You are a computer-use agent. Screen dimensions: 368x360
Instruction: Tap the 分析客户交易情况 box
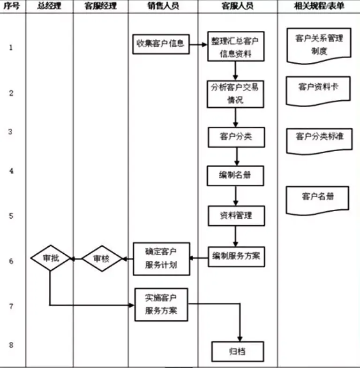236,94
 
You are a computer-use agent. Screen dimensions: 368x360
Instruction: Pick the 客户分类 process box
236,137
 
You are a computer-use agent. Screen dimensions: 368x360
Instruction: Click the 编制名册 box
236,176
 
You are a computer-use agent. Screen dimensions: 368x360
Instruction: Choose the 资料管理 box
236,215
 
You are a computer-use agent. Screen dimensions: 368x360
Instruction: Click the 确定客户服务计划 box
161,258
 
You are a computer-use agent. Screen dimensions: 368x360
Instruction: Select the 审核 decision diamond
102,258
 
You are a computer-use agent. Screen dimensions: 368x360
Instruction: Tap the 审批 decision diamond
50,258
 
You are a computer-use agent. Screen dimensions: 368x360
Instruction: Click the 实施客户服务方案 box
161,304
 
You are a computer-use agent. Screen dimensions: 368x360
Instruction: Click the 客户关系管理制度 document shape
319,45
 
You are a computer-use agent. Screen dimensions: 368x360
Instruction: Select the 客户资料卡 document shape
318,88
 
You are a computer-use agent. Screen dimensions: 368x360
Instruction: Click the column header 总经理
49,7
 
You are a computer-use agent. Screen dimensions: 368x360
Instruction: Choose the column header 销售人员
163,7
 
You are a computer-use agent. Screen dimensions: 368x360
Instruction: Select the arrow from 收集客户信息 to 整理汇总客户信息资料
198,45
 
